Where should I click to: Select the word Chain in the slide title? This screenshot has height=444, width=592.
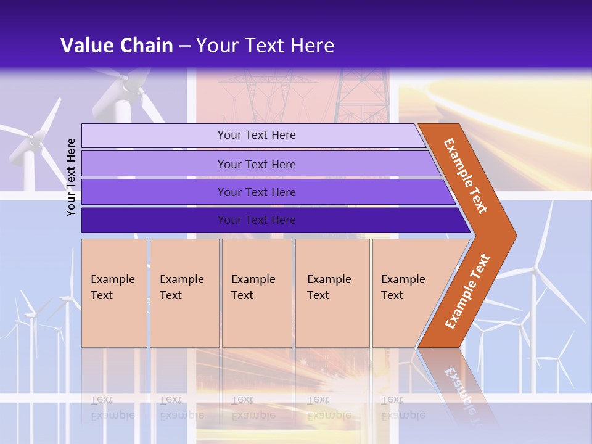(147, 46)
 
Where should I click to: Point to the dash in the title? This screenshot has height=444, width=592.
(184, 46)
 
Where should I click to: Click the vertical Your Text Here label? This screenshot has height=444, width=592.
(71, 177)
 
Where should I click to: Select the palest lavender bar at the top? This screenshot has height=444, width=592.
(256, 135)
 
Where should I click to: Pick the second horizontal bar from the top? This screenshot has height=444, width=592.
(256, 164)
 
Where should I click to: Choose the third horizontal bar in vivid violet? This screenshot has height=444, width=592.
(256, 192)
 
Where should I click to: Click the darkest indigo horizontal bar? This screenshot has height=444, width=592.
(256, 220)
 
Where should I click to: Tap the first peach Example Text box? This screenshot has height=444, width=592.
(114, 293)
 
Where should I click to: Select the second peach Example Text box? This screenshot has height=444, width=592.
(184, 293)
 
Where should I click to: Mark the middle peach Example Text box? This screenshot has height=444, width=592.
(257, 293)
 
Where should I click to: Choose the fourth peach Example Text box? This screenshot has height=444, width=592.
(332, 293)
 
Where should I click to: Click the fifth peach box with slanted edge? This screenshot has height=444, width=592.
(407, 293)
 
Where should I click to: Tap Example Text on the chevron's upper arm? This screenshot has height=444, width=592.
(465, 175)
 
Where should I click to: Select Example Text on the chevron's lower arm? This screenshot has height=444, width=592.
(467, 291)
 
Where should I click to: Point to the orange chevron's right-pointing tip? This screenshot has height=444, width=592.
(513, 236)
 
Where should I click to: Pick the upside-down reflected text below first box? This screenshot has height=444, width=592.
(113, 408)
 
